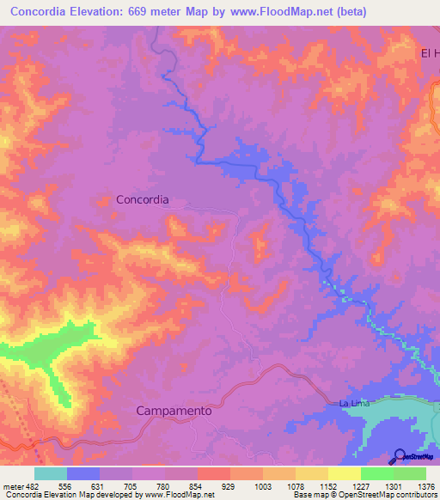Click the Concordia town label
point(143,199)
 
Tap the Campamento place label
point(174,412)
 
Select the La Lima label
point(354,404)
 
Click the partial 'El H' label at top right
point(429,53)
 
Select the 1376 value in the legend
point(426,486)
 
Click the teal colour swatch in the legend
point(50,473)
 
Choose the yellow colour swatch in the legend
point(344,473)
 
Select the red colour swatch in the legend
point(213,473)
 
